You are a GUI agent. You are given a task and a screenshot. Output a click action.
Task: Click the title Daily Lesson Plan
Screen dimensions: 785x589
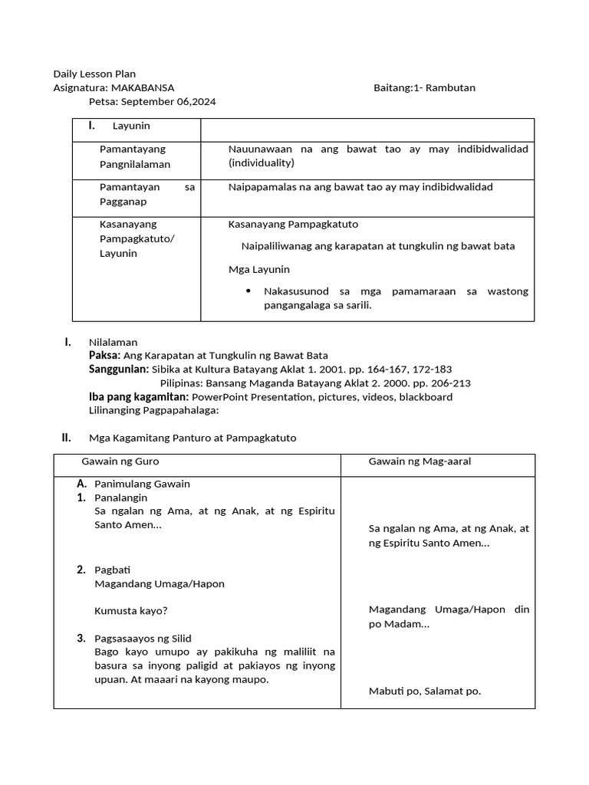pyautogui.click(x=94, y=74)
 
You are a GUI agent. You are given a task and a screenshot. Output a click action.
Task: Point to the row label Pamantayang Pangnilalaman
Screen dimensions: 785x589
pyautogui.click(x=135, y=156)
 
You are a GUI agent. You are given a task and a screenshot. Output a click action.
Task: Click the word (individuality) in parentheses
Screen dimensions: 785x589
pyautogui.click(x=261, y=163)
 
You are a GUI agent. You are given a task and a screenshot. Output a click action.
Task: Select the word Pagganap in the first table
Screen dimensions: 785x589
pyautogui.click(x=123, y=202)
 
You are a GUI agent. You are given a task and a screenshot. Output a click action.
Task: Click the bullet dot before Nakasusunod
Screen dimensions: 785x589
pyautogui.click(x=248, y=291)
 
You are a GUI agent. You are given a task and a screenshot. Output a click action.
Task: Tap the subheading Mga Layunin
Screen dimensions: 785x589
pyautogui.click(x=259, y=269)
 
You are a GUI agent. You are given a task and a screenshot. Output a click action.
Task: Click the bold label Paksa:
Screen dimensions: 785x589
pyautogui.click(x=104, y=356)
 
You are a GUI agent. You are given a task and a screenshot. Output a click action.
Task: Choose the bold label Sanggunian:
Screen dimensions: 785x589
pyautogui.click(x=119, y=370)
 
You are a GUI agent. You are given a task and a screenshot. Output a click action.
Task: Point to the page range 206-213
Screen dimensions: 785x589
pyautogui.click(x=452, y=383)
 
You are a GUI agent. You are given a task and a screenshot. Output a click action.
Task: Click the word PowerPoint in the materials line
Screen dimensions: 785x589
pyautogui.click(x=220, y=397)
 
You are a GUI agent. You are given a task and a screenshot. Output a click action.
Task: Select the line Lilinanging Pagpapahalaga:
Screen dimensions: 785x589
pyautogui.click(x=154, y=411)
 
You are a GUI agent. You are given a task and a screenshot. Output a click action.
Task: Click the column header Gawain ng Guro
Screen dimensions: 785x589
pyautogui.click(x=120, y=461)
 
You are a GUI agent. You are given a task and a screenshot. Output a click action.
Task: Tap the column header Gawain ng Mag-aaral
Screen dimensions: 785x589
pyautogui.click(x=420, y=461)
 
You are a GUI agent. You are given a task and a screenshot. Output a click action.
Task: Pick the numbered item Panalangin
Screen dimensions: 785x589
pyautogui.click(x=120, y=498)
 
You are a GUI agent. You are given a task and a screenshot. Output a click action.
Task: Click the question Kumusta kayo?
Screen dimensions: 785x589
pyautogui.click(x=130, y=611)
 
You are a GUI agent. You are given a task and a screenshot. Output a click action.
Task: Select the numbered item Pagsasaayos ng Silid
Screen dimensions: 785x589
pyautogui.click(x=143, y=639)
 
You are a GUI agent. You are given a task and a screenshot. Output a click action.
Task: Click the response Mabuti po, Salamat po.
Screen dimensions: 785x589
pyautogui.click(x=425, y=691)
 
